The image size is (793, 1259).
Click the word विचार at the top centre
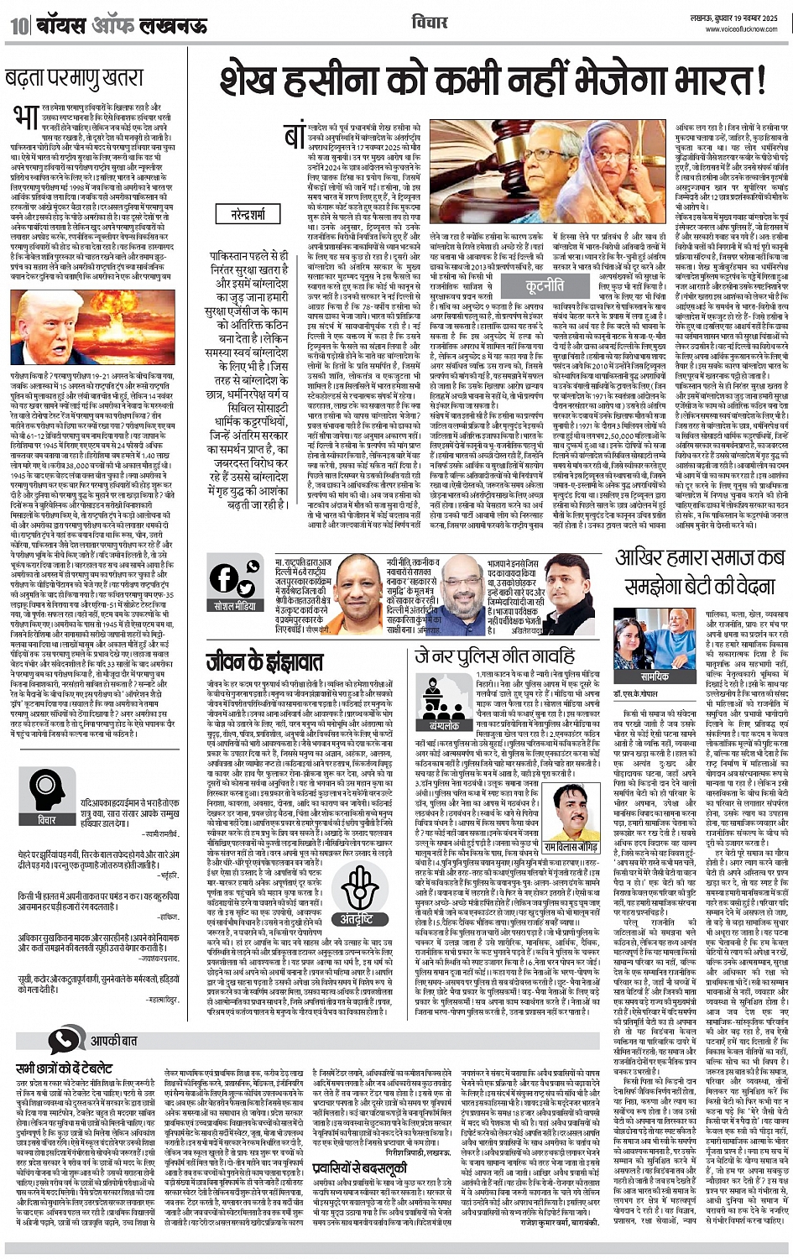pyautogui.click(x=430, y=22)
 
